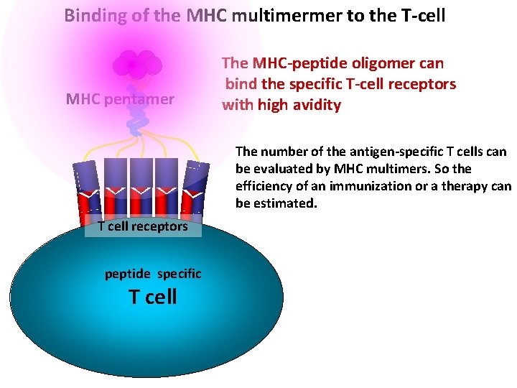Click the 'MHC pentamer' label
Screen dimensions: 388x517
coord(120,98)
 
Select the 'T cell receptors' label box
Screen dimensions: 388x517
coord(143,226)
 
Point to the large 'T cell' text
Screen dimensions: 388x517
coord(152,296)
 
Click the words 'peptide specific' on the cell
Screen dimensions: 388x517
coord(153,274)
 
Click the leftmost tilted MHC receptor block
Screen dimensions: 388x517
coord(85,189)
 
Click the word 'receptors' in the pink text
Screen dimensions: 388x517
coord(423,84)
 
